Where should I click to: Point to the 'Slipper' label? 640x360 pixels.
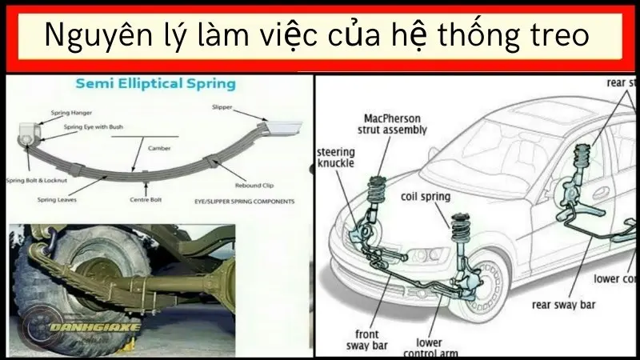[x=222, y=106]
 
